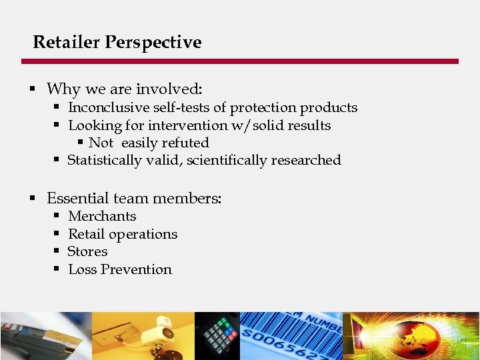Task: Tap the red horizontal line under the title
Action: (x=240, y=61)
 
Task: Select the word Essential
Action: (x=76, y=198)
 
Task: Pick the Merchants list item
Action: (x=102, y=216)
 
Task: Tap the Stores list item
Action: (x=87, y=251)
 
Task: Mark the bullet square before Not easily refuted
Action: (x=81, y=143)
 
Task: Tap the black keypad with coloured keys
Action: (x=219, y=337)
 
